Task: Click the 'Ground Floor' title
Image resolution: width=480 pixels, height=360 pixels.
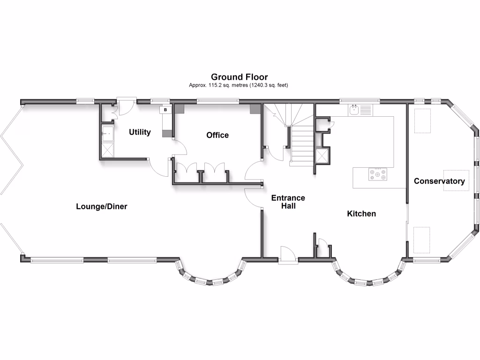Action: [x=239, y=77]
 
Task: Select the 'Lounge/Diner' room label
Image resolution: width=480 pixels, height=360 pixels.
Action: [x=102, y=206]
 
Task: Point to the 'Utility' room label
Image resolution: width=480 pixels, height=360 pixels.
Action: [x=140, y=132]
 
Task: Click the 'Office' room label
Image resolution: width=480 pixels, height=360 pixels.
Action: [x=217, y=135]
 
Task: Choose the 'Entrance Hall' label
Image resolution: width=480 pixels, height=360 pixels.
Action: [x=288, y=202]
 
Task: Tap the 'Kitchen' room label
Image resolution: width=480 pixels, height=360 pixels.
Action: [x=361, y=214]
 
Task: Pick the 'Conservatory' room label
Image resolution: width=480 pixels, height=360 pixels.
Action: [x=439, y=181]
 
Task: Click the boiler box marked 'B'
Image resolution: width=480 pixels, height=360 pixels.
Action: [x=165, y=110]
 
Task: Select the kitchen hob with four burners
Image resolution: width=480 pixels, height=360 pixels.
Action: [x=378, y=175]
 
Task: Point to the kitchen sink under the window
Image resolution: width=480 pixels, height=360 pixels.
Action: [x=355, y=111]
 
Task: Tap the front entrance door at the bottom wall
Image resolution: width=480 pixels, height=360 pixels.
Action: [x=288, y=255]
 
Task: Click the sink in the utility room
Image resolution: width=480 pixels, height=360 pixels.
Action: [x=107, y=134]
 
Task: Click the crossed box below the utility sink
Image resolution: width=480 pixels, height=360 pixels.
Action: [x=107, y=150]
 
